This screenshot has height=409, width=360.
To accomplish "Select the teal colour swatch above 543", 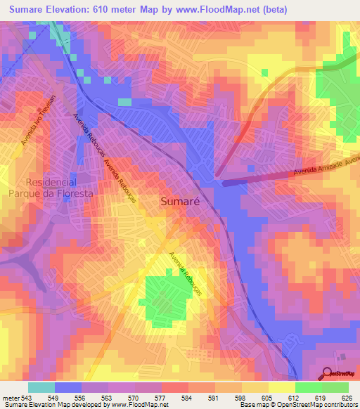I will (x=41, y=387).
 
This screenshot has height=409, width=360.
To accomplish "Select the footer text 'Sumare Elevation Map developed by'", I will (x=53, y=404).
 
